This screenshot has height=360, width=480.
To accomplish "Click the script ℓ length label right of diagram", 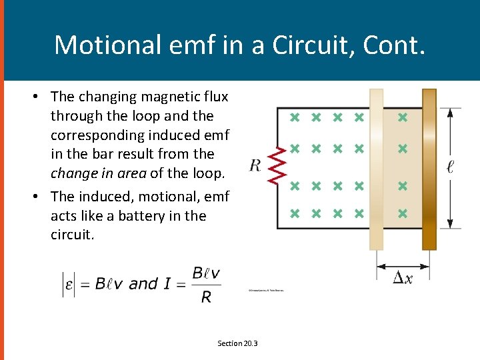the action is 451,165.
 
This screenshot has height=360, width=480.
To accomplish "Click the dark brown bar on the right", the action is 429,169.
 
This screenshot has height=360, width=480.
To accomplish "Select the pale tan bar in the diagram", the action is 377,169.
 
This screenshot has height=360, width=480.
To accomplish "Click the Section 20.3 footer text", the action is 237,343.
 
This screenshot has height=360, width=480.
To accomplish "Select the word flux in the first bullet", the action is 215,97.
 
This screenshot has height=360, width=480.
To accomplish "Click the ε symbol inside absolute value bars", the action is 69,284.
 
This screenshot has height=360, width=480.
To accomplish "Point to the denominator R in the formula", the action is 206,297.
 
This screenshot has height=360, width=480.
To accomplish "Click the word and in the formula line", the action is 143,284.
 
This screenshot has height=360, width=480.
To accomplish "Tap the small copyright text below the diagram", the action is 267,290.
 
